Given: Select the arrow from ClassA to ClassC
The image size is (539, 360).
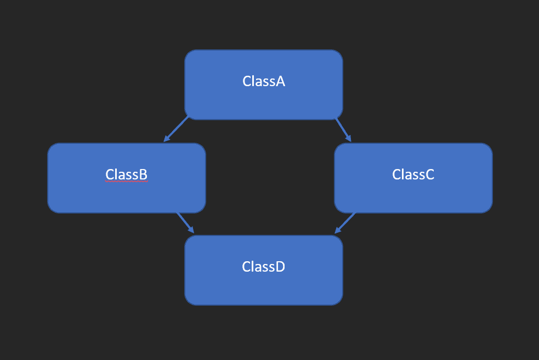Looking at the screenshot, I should point(343,130).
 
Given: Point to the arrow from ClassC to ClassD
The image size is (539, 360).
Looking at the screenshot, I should point(345,223).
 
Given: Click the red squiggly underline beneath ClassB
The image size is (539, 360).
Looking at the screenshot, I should point(126,182).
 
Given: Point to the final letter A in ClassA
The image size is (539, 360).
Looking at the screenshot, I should point(280,81).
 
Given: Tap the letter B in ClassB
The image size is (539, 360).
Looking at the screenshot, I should point(143,175).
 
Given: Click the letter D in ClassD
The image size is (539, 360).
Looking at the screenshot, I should point(280,267).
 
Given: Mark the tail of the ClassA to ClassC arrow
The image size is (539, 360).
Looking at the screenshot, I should point(336,119).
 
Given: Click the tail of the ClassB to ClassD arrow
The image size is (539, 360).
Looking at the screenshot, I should point(178,213).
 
